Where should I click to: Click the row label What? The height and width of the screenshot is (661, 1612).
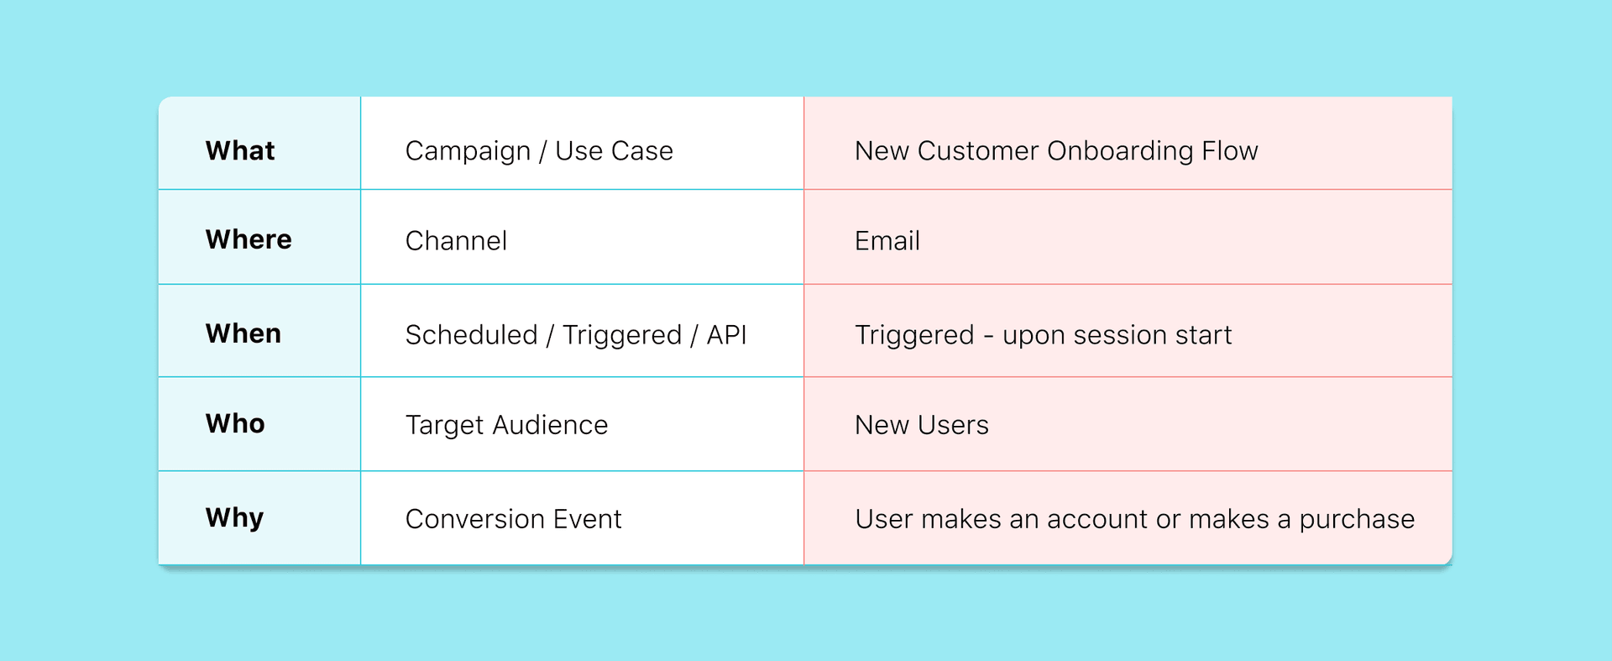coord(240,150)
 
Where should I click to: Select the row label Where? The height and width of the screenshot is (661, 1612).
coord(249,239)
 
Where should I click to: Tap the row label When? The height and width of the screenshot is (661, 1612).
coord(243,333)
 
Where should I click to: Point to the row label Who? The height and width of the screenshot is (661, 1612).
coord(235,423)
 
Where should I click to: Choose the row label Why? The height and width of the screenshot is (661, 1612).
coord(235,518)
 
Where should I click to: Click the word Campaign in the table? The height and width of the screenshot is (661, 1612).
coord(468,151)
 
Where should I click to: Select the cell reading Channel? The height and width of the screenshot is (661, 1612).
coord(456,241)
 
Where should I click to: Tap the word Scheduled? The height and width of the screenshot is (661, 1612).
coord(471,335)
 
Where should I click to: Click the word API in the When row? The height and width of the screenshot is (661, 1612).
coord(726,335)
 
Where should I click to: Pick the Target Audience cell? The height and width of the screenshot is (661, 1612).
coord(506,425)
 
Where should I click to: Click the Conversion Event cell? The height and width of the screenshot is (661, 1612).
coord(513,519)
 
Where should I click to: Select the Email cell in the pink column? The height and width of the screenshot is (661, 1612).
coord(887,241)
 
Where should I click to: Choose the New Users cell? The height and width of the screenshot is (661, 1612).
coord(922,425)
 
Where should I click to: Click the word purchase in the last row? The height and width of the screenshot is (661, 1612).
coord(1357,520)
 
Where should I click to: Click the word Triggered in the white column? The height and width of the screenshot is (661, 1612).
coord(622,335)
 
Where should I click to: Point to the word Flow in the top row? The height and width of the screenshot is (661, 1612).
coord(1230,151)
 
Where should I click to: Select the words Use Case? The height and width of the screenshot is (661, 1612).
coord(614,151)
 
